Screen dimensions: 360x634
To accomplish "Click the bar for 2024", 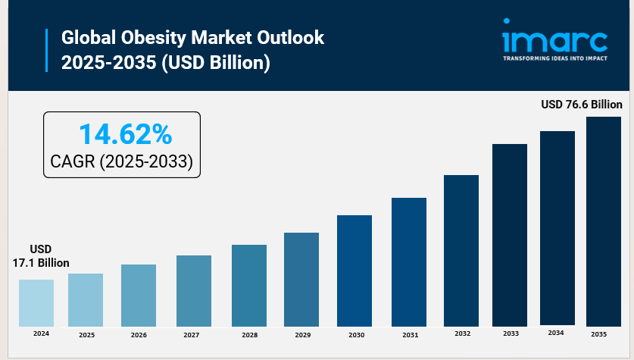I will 36,303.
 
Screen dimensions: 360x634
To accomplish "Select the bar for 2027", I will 194,291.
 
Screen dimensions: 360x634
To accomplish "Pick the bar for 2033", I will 510,236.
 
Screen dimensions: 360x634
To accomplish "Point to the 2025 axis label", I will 86,335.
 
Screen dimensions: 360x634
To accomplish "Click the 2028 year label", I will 248,334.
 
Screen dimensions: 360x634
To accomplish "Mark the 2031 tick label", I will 410,334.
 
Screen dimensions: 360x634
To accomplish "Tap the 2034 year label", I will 556,332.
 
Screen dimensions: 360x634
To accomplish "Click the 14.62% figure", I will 126,134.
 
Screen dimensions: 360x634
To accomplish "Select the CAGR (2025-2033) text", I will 121,161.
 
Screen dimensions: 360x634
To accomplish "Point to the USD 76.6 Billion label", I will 581,104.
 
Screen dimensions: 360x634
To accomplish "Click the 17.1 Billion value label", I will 41,262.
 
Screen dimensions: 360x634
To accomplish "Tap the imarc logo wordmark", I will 555,38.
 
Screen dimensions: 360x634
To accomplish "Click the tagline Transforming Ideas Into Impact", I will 555,57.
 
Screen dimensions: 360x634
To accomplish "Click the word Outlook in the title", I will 287,38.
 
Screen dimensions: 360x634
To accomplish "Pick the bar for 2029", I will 301,280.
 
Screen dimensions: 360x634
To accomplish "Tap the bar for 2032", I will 461,251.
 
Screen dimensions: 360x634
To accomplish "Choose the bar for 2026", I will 139,296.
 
